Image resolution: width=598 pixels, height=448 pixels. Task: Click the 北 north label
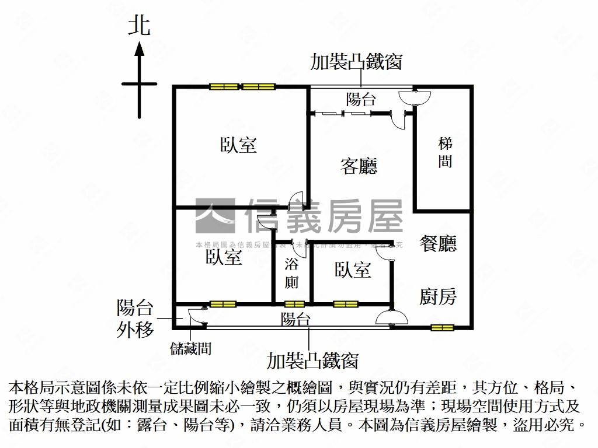[x=139, y=26]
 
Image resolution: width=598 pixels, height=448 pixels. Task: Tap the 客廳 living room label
[x=359, y=166]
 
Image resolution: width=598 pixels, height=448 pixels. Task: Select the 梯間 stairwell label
[x=445, y=152]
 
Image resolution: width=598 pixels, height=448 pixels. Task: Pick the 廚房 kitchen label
[x=438, y=297]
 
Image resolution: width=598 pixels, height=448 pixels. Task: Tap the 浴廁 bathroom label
[x=291, y=273]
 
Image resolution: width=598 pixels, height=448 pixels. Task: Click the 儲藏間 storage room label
[x=190, y=349]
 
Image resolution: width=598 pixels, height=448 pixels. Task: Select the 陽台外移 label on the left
[x=135, y=318]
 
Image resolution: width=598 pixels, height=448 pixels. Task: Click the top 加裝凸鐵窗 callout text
[x=356, y=62]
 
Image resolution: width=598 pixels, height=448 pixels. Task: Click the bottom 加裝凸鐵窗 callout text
[x=312, y=361]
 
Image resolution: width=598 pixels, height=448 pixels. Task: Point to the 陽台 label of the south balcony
[x=295, y=319]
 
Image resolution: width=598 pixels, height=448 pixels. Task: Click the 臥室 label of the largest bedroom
[x=239, y=145]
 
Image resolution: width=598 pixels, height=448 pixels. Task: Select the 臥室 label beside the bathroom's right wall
[x=353, y=269]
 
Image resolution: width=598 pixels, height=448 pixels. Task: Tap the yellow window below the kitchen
[x=442, y=327]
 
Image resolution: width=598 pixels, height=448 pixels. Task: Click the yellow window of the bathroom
[x=294, y=303]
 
